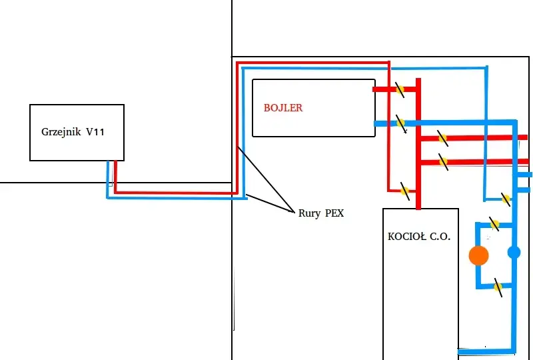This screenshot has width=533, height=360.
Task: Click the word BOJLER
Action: pyautogui.click(x=282, y=108)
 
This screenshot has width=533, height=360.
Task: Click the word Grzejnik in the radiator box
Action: pyautogui.click(x=61, y=132)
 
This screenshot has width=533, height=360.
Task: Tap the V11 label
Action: pyautogui.click(x=95, y=132)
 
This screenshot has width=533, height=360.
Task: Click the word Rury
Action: pyautogui.click(x=309, y=213)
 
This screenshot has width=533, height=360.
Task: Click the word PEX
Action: pyautogui.click(x=334, y=213)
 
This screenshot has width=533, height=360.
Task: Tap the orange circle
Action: pyautogui.click(x=478, y=255)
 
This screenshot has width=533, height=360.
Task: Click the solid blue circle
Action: pyautogui.click(x=514, y=253)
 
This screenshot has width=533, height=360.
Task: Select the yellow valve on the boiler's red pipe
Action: pyautogui.click(x=400, y=89)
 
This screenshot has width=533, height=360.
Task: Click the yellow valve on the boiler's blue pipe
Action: pyautogui.click(x=401, y=123)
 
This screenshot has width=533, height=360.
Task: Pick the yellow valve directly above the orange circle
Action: pyautogui.click(x=494, y=225)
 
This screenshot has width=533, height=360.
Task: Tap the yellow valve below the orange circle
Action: pyautogui.click(x=498, y=287)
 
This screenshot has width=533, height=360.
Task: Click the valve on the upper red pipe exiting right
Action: pyautogui.click(x=442, y=138)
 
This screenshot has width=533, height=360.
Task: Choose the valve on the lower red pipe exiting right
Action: pyautogui.click(x=443, y=162)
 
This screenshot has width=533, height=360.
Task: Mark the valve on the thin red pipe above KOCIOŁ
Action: pyautogui.click(x=404, y=191)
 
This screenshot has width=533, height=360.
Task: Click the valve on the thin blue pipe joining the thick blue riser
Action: pyautogui.click(x=506, y=199)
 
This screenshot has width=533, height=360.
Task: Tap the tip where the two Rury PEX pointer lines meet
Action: pyautogui.click(x=294, y=212)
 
